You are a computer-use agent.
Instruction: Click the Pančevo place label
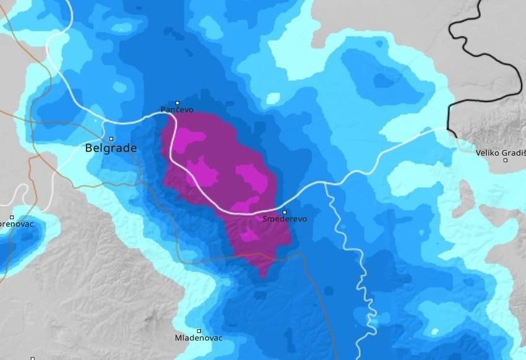tap(177, 110)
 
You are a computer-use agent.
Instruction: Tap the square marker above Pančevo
tap(178, 103)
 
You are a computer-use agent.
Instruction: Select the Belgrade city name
tap(111, 148)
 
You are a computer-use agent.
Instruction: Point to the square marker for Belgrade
tap(111, 139)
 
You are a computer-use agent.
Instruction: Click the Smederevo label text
tap(284, 219)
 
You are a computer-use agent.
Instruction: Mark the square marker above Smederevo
tap(285, 212)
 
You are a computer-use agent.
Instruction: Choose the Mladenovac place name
tap(199, 338)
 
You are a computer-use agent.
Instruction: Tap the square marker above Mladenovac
tap(199, 331)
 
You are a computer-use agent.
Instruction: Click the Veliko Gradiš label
tap(500, 153)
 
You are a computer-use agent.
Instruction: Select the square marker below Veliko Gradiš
tap(505, 160)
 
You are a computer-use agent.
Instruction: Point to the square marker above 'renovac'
tap(12, 217)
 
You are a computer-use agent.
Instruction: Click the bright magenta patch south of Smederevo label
tap(250, 235)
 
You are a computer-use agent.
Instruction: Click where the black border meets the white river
tap(448, 129)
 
